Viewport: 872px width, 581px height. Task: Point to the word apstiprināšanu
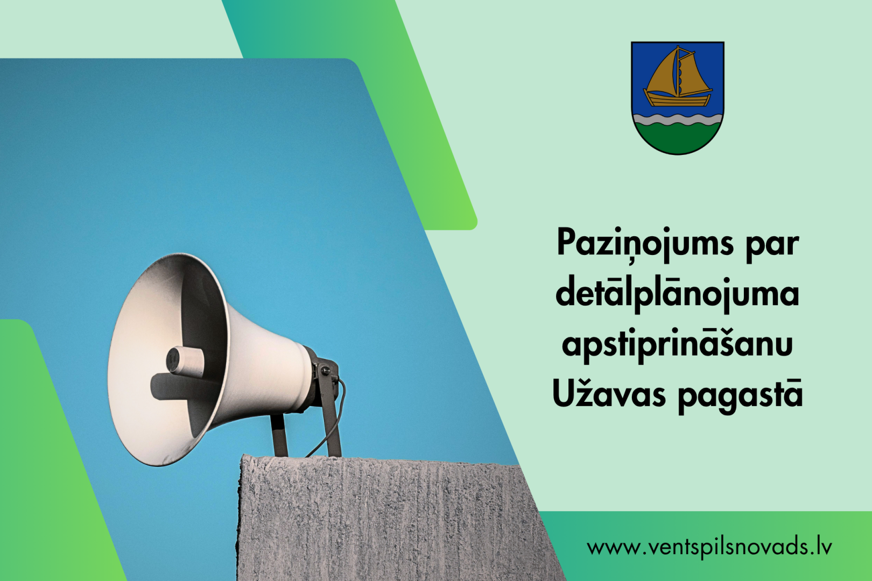tap(677, 345)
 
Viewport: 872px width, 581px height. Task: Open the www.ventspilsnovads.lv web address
tap(709, 547)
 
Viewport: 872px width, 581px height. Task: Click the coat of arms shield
tap(677, 98)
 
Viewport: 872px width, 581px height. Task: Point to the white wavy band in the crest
tap(677, 119)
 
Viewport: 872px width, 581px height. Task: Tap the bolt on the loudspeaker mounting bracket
tap(324, 368)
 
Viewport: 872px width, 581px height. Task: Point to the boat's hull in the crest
tap(678, 98)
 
